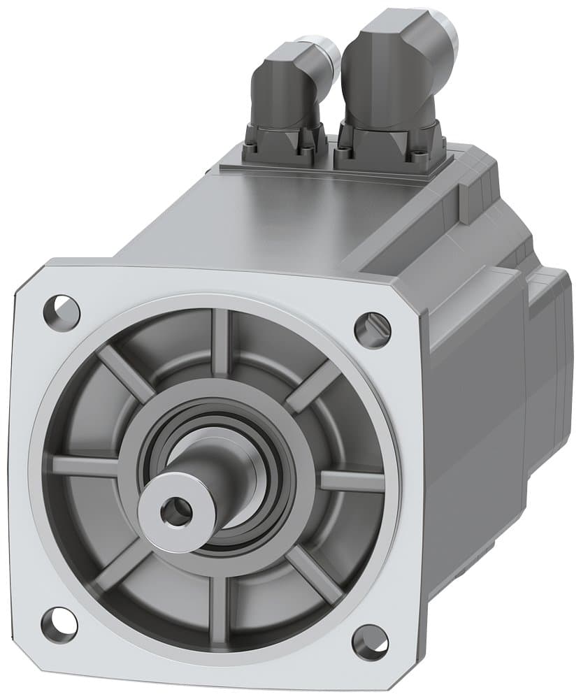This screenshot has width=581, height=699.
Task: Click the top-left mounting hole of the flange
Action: pyautogui.click(x=61, y=309)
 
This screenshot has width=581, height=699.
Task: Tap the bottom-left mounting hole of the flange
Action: pyautogui.click(x=59, y=624)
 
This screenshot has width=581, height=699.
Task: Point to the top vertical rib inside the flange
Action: pyautogui.click(x=221, y=343)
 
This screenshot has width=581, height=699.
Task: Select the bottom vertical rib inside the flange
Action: pyautogui.click(x=220, y=601)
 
